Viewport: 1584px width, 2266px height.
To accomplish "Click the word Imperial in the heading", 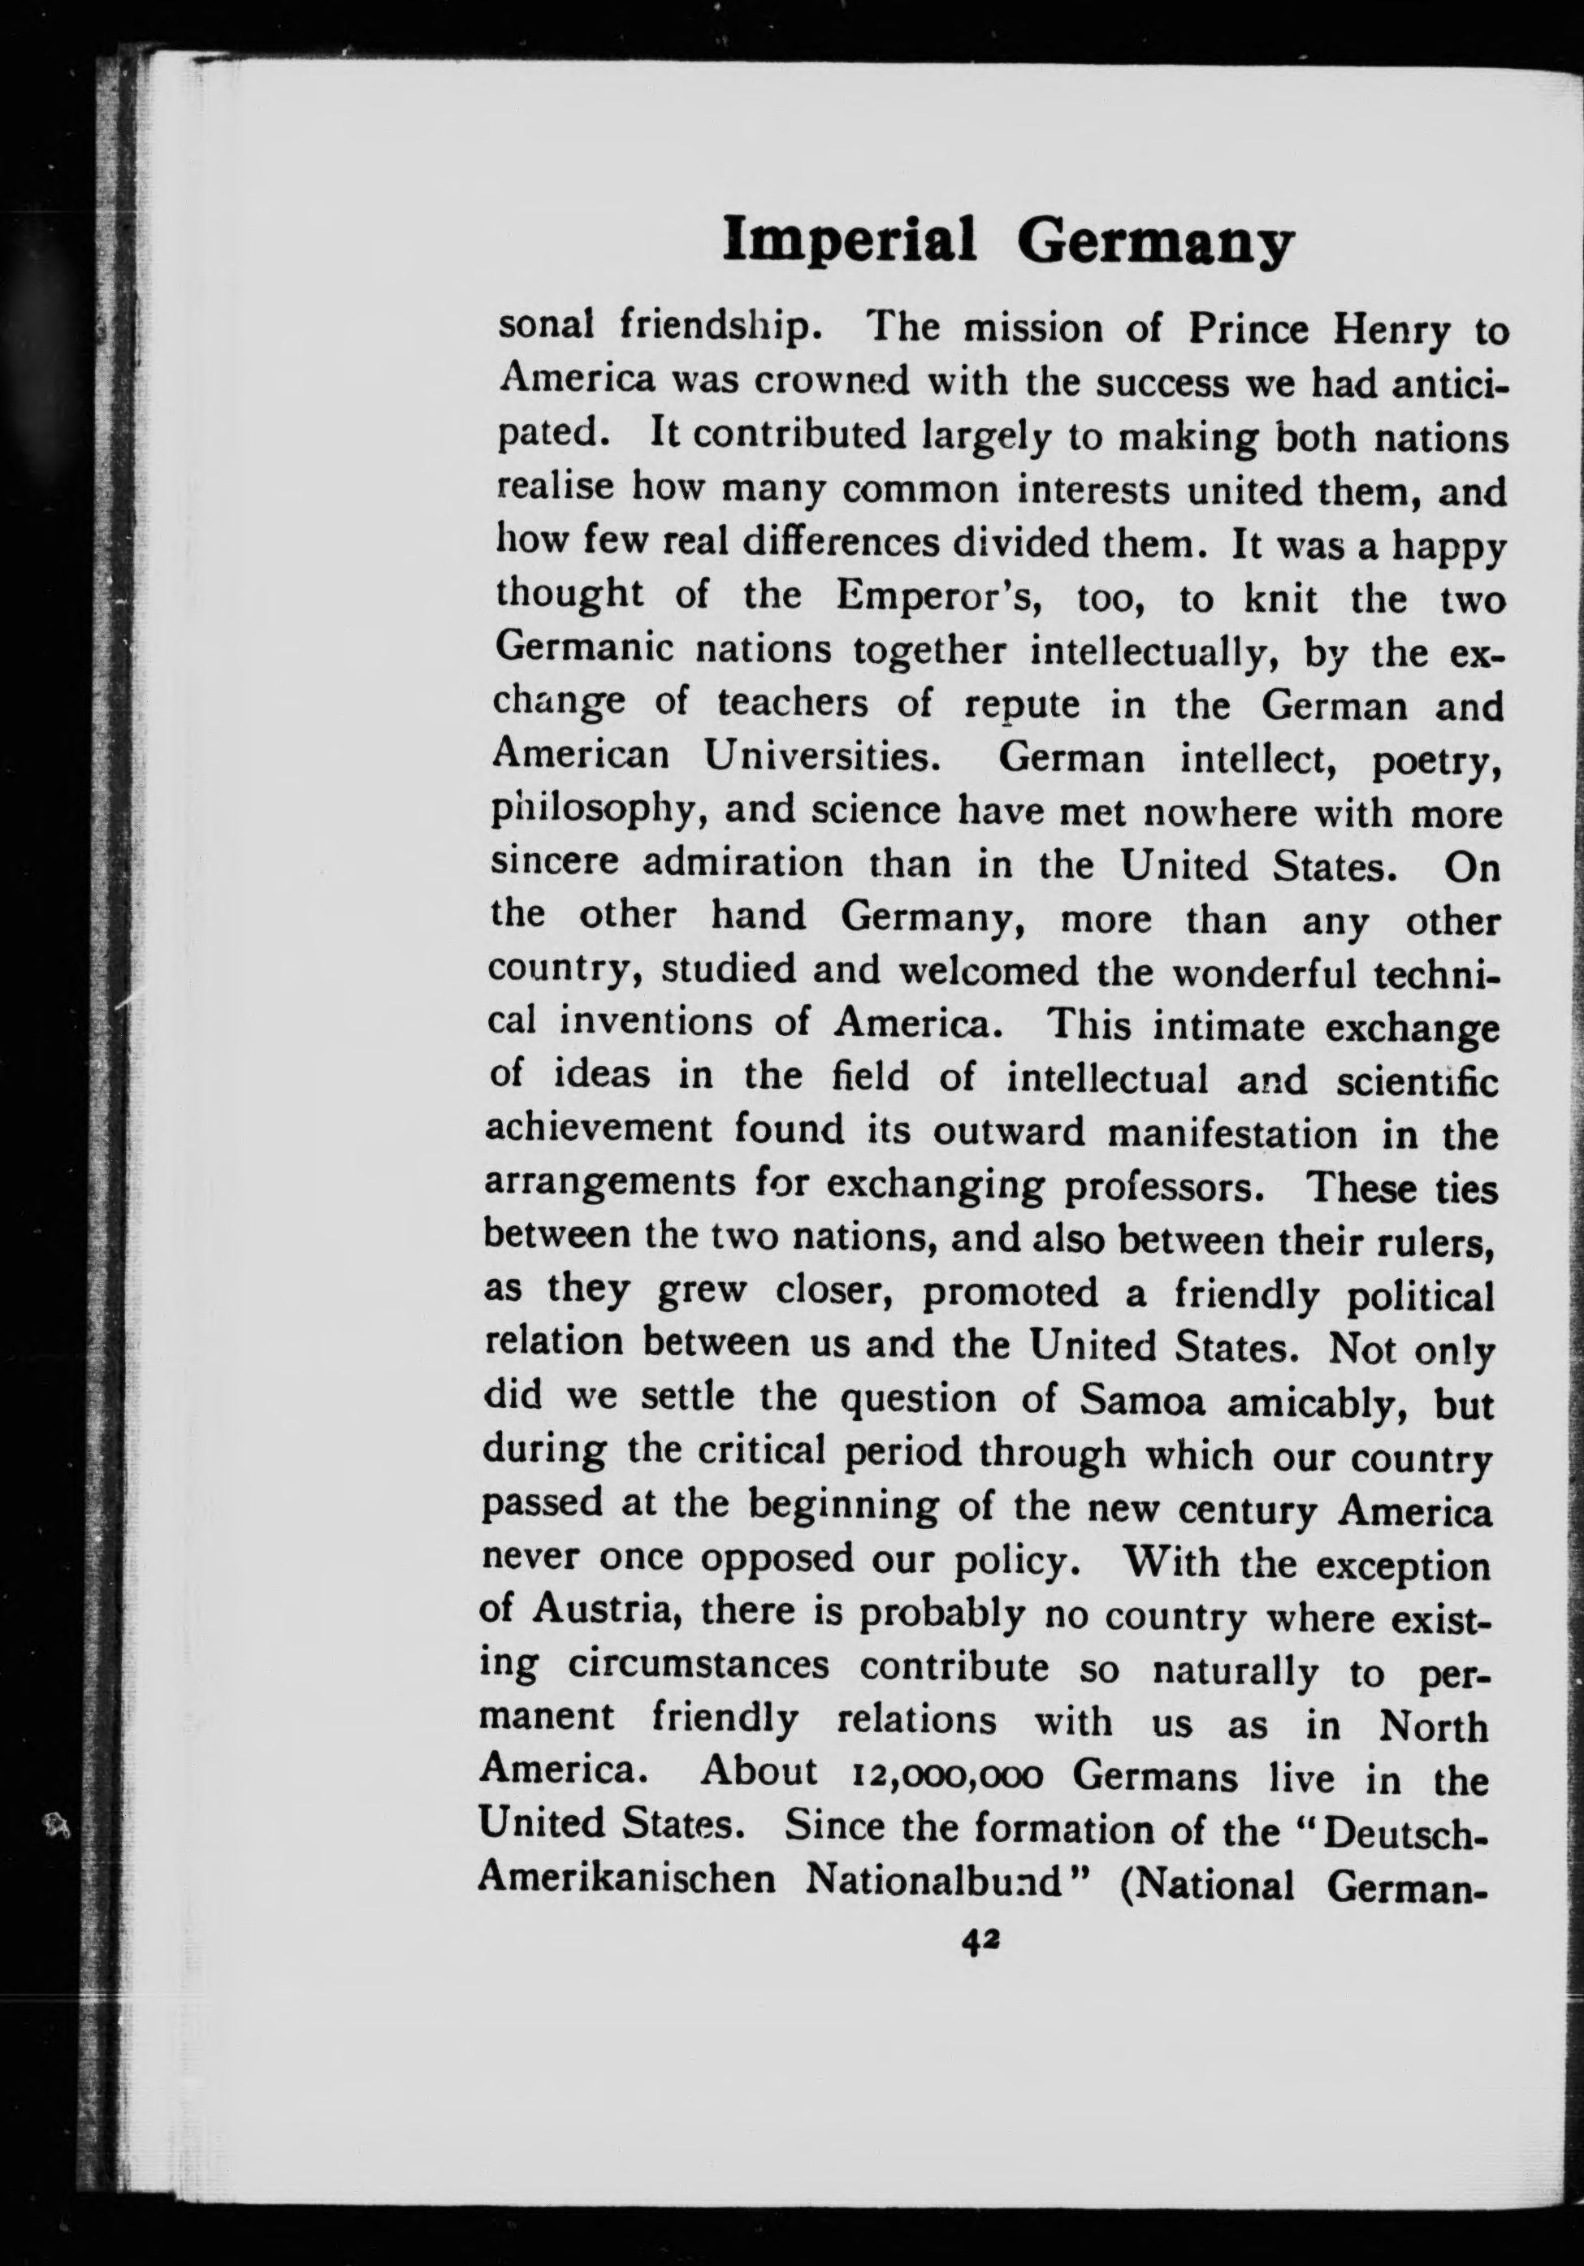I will point(849,240).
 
